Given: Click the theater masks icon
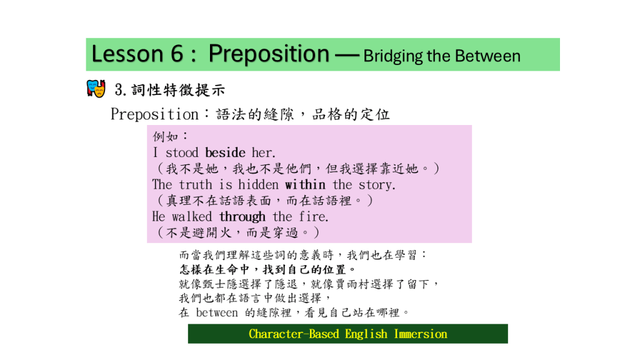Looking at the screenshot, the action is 96,88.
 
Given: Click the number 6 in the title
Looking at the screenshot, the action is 177,54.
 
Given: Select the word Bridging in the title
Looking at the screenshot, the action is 392,56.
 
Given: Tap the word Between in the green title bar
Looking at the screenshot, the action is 487,56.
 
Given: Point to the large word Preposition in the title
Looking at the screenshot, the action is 269,54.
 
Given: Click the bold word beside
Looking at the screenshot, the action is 225,152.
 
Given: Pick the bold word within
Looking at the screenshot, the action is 305,184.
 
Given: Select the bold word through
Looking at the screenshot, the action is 242,217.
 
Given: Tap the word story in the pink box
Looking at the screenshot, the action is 377,185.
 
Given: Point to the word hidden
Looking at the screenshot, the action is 258,184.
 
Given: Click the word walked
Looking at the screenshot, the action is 192,216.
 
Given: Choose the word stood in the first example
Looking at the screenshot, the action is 182,152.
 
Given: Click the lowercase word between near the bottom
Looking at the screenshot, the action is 217,312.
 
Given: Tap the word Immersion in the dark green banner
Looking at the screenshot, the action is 421,334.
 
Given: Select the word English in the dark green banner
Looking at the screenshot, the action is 366,334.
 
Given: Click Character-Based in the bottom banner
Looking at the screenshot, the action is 294,334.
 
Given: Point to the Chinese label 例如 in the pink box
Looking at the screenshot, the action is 166,136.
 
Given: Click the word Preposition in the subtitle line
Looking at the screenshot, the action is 155,114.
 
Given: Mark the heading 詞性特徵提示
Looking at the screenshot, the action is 178,90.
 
